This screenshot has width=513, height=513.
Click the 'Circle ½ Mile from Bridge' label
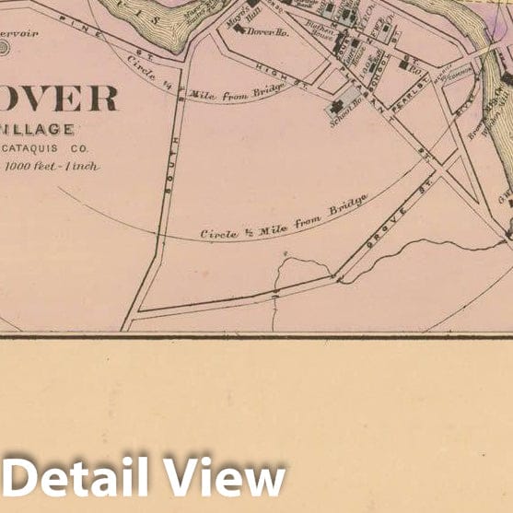[x=285, y=218]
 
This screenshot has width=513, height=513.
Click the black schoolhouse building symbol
[x=333, y=109]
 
